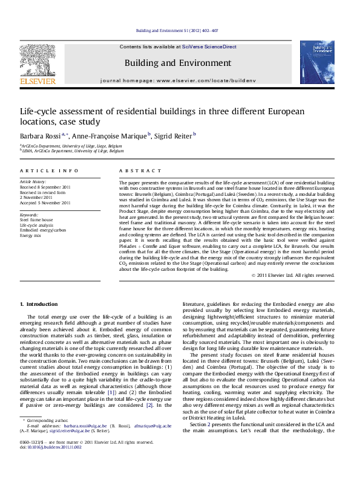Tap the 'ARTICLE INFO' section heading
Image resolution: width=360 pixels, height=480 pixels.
[x=39, y=171]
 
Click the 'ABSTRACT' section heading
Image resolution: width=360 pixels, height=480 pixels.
[x=131, y=171]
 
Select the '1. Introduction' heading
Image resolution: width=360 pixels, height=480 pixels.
[x=38, y=303]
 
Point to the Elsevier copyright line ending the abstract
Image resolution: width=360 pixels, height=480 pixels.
[x=292, y=275]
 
